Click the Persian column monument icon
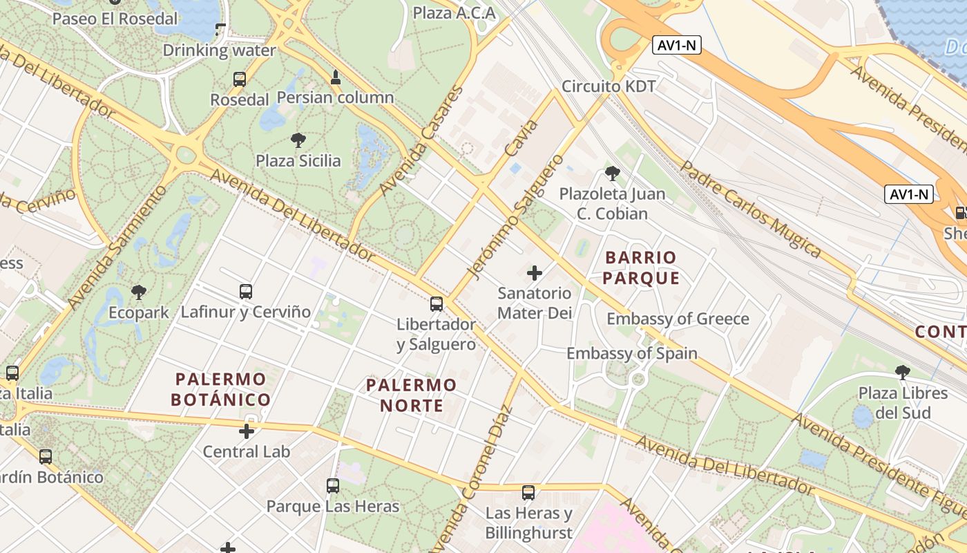[x=335, y=77]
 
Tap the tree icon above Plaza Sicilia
[x=298, y=140]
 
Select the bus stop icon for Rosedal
[x=240, y=79]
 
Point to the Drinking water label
[x=219, y=50]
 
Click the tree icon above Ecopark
[x=139, y=292]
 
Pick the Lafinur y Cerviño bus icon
[x=246, y=291]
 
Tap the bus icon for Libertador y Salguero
[x=437, y=303]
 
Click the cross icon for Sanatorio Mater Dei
[x=535, y=273]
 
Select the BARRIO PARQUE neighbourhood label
[x=641, y=268]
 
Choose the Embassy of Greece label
[x=678, y=319]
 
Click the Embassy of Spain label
[x=632, y=353]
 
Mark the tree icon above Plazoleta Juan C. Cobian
[x=612, y=173]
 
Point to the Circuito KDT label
[x=609, y=86]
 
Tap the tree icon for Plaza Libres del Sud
[x=903, y=373]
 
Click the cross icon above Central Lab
[x=247, y=431]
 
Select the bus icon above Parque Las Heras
[x=333, y=486]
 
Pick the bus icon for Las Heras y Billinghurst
[x=528, y=493]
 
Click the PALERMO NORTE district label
[x=412, y=395]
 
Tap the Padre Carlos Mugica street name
[x=751, y=209]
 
